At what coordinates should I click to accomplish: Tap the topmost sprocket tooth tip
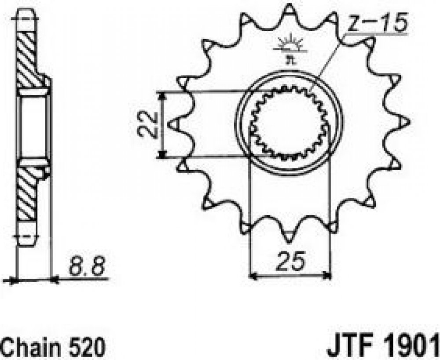pyautogui.click(x=289, y=7)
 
